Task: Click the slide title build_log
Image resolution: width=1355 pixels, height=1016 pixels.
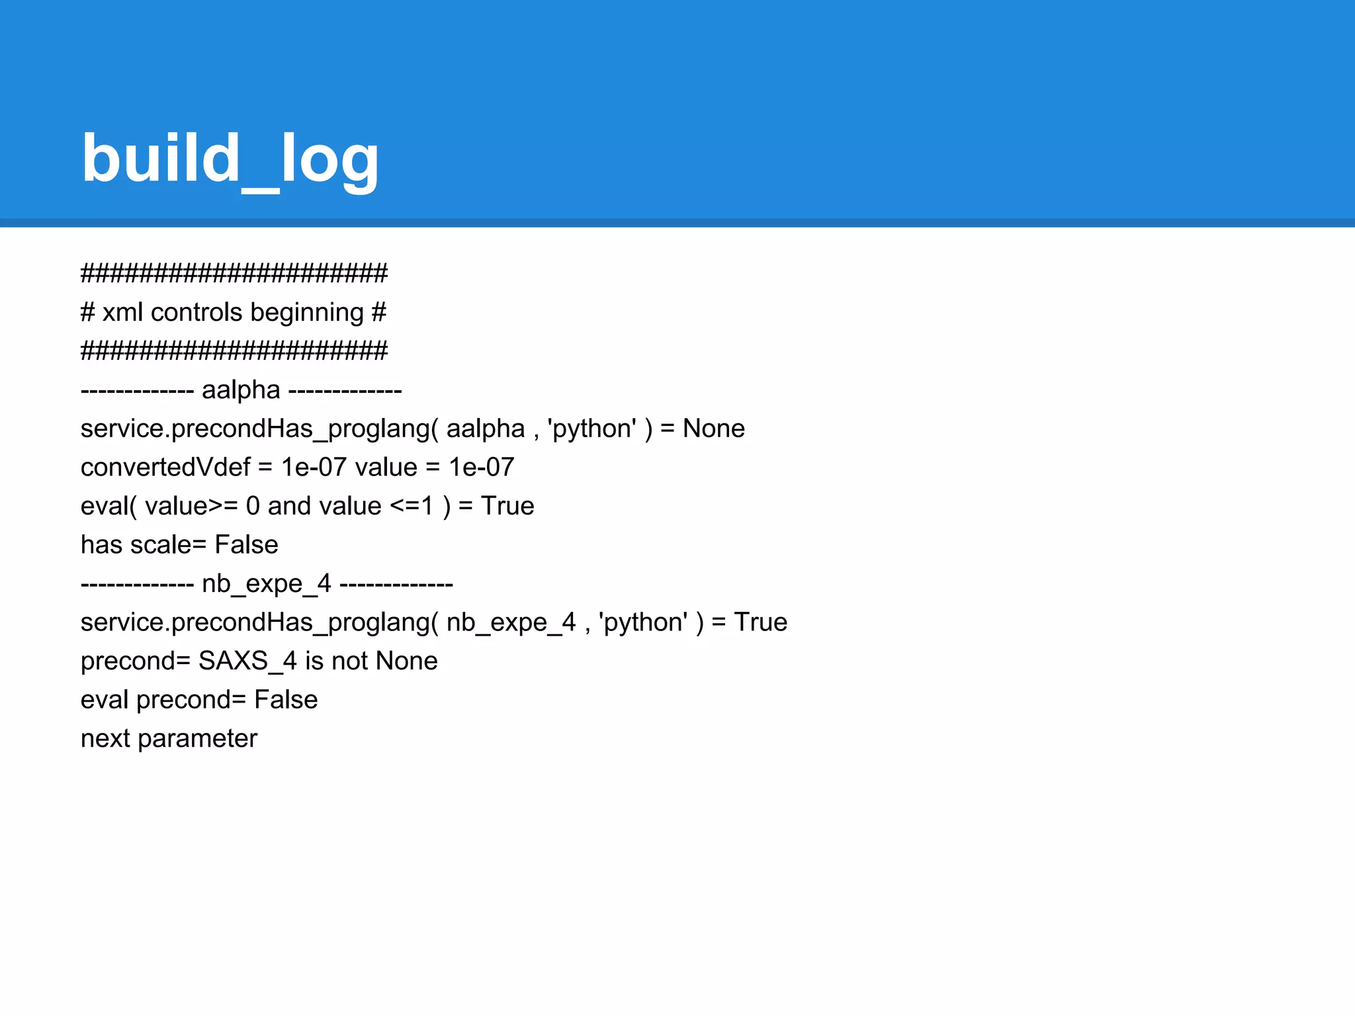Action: coord(230,159)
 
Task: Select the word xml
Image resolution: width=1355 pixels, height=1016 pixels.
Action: coord(122,312)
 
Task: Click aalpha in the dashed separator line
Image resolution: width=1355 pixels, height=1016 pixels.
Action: coord(241,390)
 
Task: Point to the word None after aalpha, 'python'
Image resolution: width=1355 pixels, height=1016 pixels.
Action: coord(713,429)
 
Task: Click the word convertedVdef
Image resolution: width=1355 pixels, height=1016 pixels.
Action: coord(165,467)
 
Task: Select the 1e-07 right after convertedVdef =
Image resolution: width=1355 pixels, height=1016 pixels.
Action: coord(314,467)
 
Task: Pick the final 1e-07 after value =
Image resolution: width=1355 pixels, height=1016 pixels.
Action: coord(481,467)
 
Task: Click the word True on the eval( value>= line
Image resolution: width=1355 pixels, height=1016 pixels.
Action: coord(507,506)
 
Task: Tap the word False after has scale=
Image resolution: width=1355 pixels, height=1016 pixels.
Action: coord(246,544)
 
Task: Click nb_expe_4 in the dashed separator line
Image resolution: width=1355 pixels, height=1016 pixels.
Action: coord(266,583)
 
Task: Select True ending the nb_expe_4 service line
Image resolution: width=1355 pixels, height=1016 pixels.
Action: coord(760,622)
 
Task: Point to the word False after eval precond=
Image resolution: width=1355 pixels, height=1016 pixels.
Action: coord(286,700)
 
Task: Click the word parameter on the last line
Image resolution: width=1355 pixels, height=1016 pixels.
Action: coord(197,738)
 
